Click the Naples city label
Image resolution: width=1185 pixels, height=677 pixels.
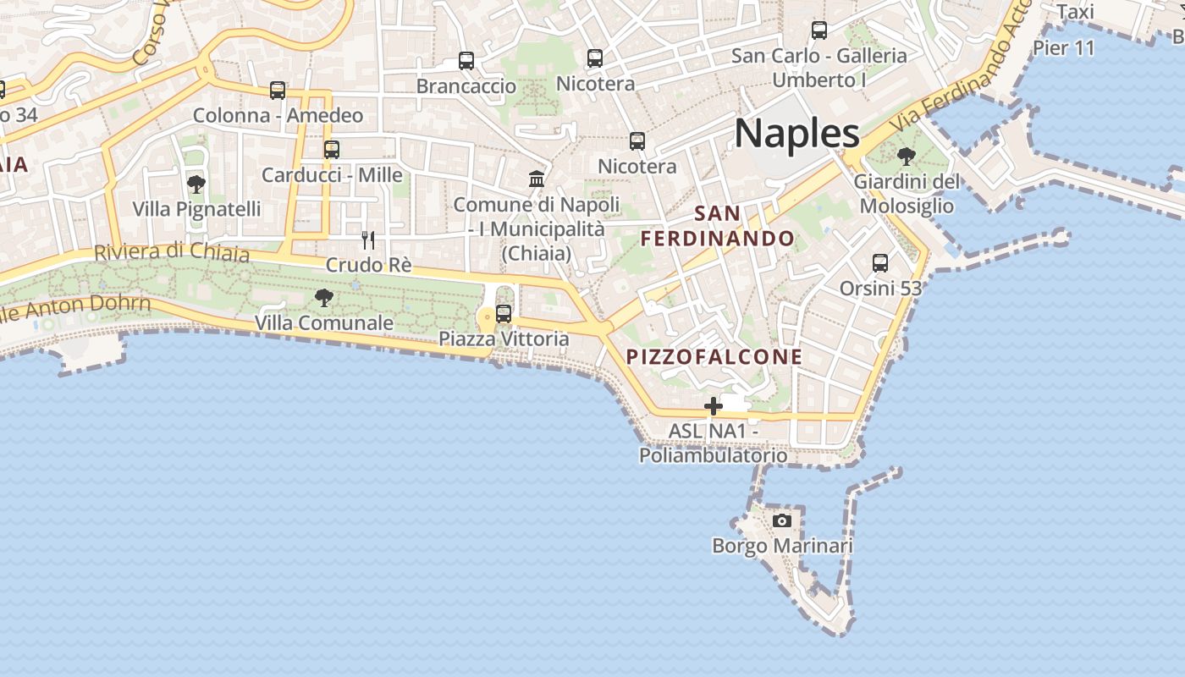pos(796,134)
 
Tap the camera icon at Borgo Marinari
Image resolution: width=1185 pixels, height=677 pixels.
pos(782,520)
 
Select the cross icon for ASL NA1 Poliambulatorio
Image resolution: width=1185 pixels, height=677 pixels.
pos(714,406)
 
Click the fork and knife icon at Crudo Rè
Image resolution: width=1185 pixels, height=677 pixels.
pos(368,240)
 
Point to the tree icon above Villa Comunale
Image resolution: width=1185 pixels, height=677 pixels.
pos(323,297)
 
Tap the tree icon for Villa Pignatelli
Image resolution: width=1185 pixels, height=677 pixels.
pos(196,184)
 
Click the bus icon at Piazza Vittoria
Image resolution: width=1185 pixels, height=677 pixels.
pos(504,314)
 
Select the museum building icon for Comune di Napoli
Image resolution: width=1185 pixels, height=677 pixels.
pos(537,179)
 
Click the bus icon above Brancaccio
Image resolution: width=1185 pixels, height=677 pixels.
pos(466,61)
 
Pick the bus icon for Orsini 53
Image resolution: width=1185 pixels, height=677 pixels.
pos(880,263)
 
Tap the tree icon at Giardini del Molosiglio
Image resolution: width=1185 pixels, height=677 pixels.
pos(906,157)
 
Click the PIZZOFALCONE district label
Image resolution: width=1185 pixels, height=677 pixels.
pos(714,357)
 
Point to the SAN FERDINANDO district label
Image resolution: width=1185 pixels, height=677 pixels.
pos(718,226)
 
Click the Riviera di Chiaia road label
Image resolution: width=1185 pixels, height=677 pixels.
pos(172,252)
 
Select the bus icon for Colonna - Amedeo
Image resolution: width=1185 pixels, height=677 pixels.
pos(278,91)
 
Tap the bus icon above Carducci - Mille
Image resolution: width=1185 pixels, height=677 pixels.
pos(332,150)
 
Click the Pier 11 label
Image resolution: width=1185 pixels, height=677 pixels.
pos(1064,47)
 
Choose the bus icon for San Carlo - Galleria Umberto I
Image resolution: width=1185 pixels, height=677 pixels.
pos(819,30)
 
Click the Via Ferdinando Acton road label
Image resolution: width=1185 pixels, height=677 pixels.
pos(965,72)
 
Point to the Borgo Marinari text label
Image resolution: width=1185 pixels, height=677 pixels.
pos(782,546)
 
